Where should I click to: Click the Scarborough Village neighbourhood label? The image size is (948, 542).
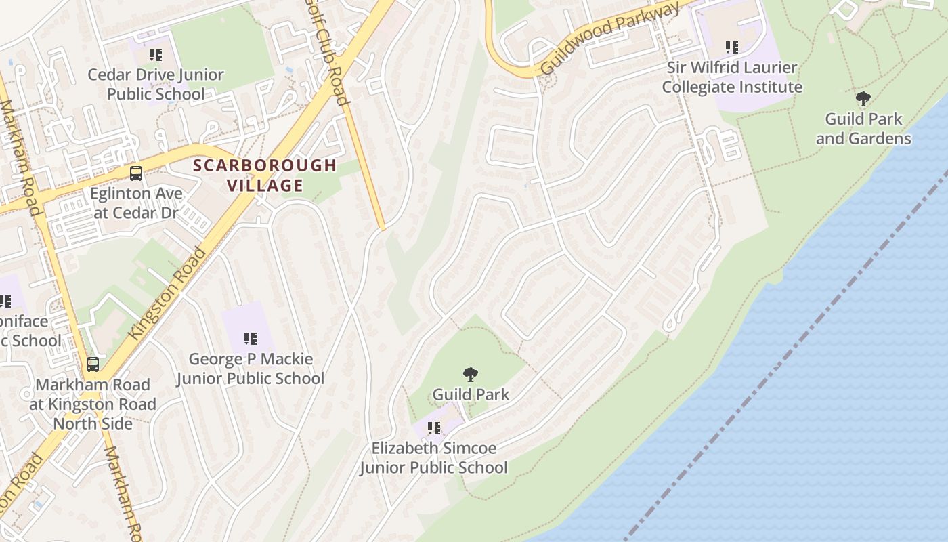point(265,175)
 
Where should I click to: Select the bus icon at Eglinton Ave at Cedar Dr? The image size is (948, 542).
point(136,173)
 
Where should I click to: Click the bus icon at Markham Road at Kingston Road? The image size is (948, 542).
point(93,364)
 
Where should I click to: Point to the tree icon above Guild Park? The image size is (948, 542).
point(471,375)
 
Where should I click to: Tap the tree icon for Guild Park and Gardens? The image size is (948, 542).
point(863,100)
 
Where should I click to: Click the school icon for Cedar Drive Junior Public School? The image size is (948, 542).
point(156,55)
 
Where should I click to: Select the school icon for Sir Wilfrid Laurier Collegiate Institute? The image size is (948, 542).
point(732,47)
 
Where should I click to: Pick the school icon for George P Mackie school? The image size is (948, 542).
point(251,338)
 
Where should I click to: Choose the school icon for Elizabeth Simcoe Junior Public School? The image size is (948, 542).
point(434,428)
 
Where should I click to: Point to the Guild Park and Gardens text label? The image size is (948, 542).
point(863,129)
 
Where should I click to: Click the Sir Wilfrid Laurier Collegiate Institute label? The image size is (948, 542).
point(732,77)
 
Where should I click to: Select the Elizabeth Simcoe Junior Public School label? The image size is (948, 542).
point(433,458)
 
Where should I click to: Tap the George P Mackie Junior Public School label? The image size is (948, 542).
point(251,369)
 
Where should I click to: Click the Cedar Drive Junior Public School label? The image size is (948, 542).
point(156,84)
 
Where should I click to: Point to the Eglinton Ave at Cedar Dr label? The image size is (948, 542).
point(136,203)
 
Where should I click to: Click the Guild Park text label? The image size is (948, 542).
point(471,394)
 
